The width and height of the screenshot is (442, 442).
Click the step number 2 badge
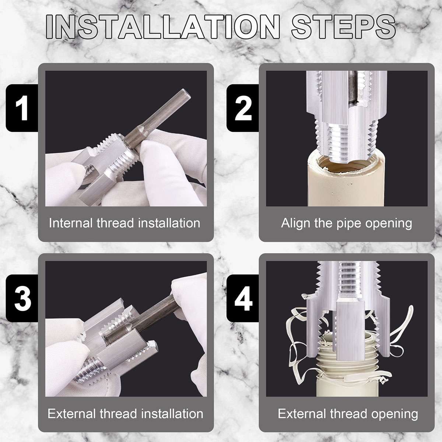tap(243, 108)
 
